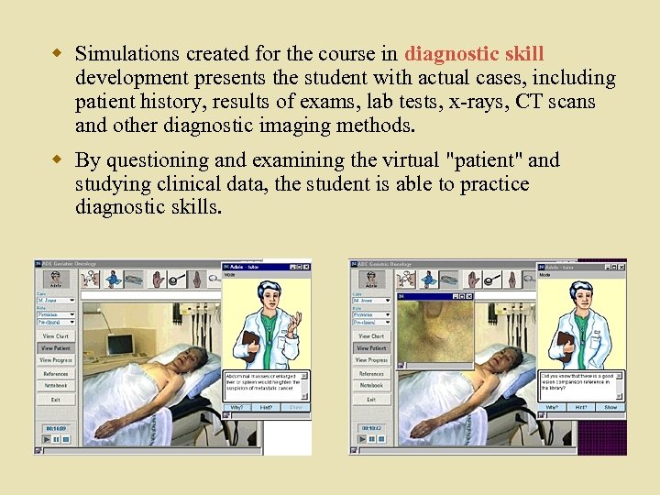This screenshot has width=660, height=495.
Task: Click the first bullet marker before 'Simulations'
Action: [60, 53]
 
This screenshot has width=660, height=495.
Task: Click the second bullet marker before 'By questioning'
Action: [60, 159]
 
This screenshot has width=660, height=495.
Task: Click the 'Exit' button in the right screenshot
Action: [371, 400]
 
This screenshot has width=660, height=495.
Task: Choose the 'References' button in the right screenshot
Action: [371, 374]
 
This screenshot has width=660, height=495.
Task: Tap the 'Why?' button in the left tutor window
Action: [236, 406]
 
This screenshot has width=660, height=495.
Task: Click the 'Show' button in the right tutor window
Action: [610, 407]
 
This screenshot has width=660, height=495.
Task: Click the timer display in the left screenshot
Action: [56, 428]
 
